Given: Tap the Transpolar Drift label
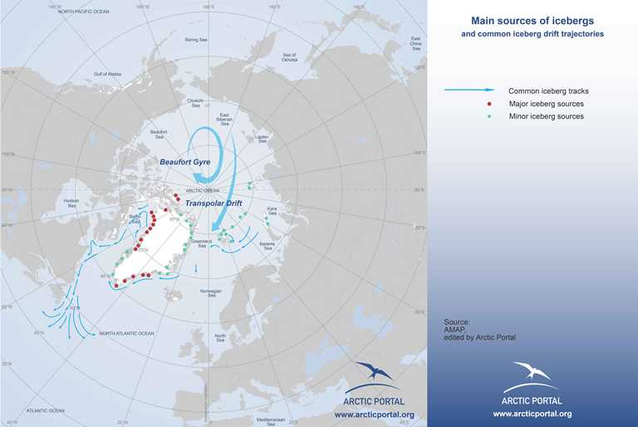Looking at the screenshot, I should [x=213, y=202].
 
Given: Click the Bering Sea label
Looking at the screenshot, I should [x=197, y=39].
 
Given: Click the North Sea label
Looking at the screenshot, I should [x=220, y=338].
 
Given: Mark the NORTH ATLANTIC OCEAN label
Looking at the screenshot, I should [x=127, y=333].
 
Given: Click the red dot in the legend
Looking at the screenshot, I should [x=490, y=104].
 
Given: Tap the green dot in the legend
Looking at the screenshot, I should [x=490, y=116].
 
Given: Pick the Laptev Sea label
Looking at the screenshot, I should [x=263, y=137].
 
